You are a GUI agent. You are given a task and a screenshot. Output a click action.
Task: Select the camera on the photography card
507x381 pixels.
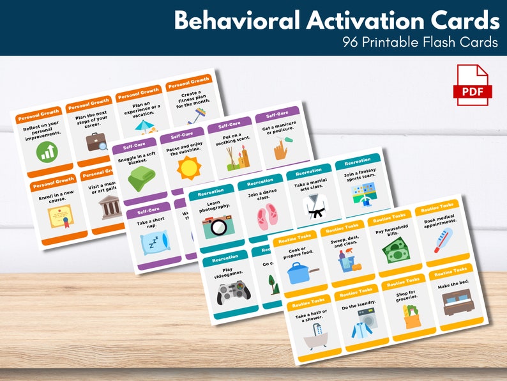217,226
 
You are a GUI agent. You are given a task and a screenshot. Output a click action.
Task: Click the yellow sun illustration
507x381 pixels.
188,169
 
